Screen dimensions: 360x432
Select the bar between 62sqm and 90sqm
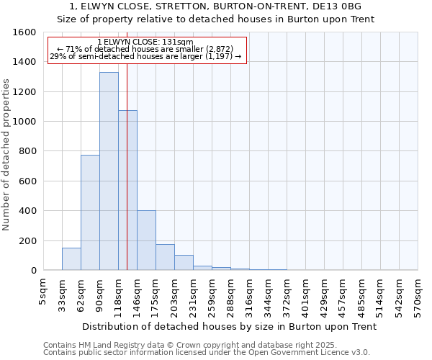[x=90, y=212]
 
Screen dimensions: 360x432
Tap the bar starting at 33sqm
[x=71, y=259]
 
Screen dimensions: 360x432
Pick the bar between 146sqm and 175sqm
[x=146, y=240]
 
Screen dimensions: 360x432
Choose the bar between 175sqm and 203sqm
[x=165, y=257]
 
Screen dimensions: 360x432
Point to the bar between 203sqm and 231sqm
[x=184, y=263]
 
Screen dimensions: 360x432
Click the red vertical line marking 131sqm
[x=127, y=158]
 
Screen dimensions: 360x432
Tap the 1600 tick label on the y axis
[x=25, y=32]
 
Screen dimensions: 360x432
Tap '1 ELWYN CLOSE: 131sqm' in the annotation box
[x=146, y=42]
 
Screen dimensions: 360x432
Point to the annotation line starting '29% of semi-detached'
[x=146, y=56]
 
